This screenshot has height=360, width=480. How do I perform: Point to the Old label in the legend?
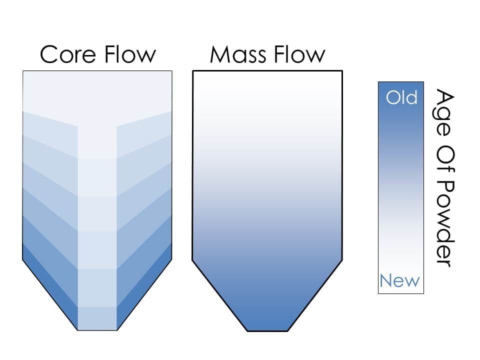(x=401, y=97)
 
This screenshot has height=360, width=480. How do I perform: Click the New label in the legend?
(x=400, y=281)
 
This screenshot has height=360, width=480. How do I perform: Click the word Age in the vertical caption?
(x=444, y=107)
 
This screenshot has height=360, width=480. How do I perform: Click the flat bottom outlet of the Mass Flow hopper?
(x=267, y=330)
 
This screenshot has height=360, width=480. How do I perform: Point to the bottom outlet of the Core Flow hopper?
(x=97, y=329)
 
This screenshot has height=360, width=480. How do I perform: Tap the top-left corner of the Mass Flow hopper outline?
(x=193, y=71)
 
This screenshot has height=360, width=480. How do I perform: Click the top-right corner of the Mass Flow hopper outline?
(x=342, y=71)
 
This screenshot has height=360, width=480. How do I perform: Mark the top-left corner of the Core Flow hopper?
(x=23, y=71)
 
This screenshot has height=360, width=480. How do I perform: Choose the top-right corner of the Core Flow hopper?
(x=172, y=71)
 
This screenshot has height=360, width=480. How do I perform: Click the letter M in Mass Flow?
(x=219, y=54)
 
